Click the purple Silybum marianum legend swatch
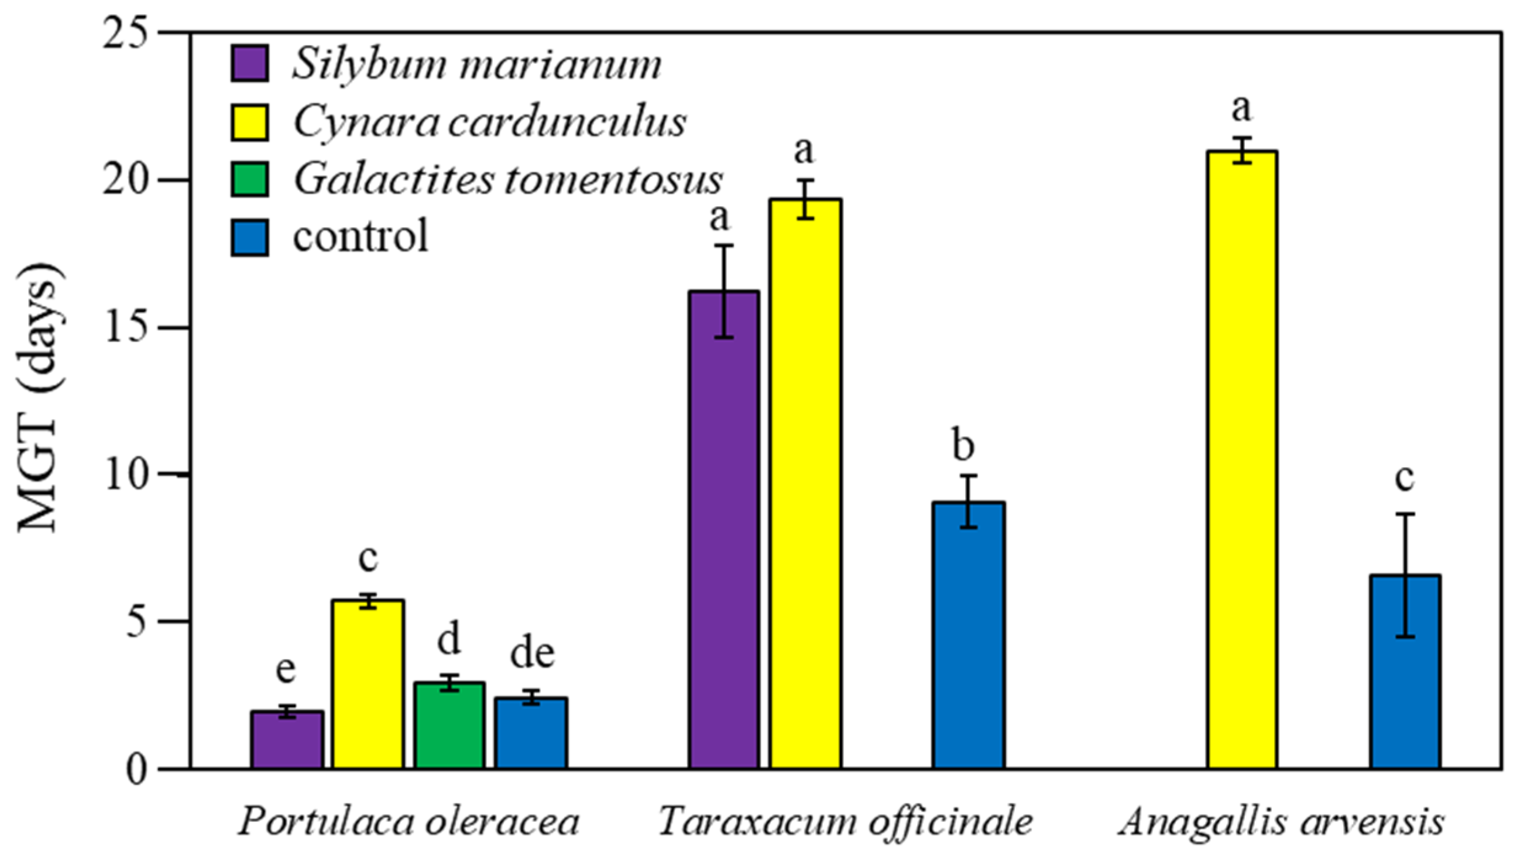click(249, 63)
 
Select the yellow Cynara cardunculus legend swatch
click(249, 122)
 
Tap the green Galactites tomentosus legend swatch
click(249, 179)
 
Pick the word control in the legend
click(360, 236)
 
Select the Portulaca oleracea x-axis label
click(409, 821)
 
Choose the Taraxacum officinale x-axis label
click(845, 821)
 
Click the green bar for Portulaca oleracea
click(449, 726)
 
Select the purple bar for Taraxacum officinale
click(724, 529)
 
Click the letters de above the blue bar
click(532, 653)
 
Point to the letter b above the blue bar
click(963, 444)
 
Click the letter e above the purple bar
click(286, 670)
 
